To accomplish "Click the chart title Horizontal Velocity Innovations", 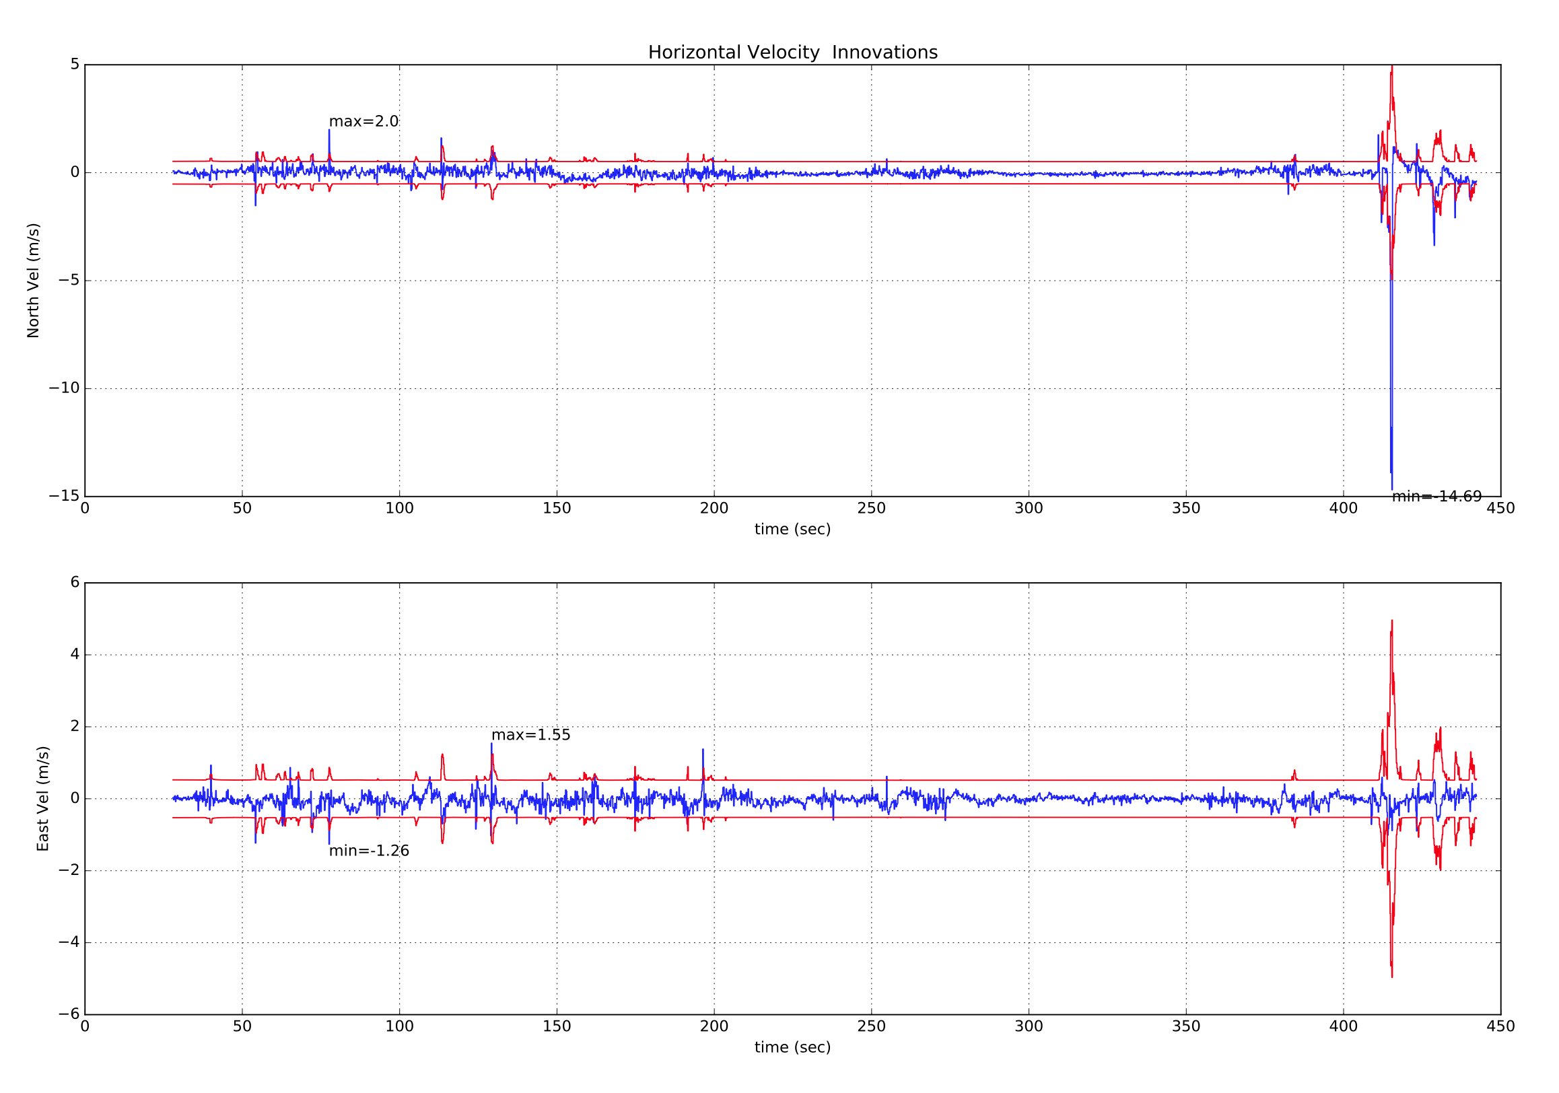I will click(x=792, y=53).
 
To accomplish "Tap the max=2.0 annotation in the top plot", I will click(x=363, y=122).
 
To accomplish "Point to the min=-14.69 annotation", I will click(x=1436, y=497).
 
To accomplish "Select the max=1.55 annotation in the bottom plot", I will click(x=530, y=735).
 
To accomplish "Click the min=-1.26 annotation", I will click(x=369, y=851).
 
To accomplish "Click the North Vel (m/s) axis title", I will click(x=33, y=281).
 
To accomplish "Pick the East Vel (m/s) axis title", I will click(x=43, y=799).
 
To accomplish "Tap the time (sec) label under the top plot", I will click(x=792, y=530).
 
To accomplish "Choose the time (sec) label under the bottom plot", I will click(x=792, y=1047).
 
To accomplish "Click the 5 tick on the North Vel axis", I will click(x=75, y=65).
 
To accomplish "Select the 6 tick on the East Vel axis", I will click(x=75, y=582).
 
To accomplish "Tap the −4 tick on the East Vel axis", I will click(x=68, y=942).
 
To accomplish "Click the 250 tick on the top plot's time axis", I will click(x=871, y=509).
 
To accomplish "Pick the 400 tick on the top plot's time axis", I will click(x=1343, y=509).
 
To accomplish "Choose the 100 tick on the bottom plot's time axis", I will click(x=399, y=1026).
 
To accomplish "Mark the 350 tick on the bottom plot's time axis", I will click(x=1186, y=1026).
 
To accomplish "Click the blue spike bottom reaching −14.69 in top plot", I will click(x=1392, y=489).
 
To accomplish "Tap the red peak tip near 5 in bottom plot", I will click(x=1392, y=621).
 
